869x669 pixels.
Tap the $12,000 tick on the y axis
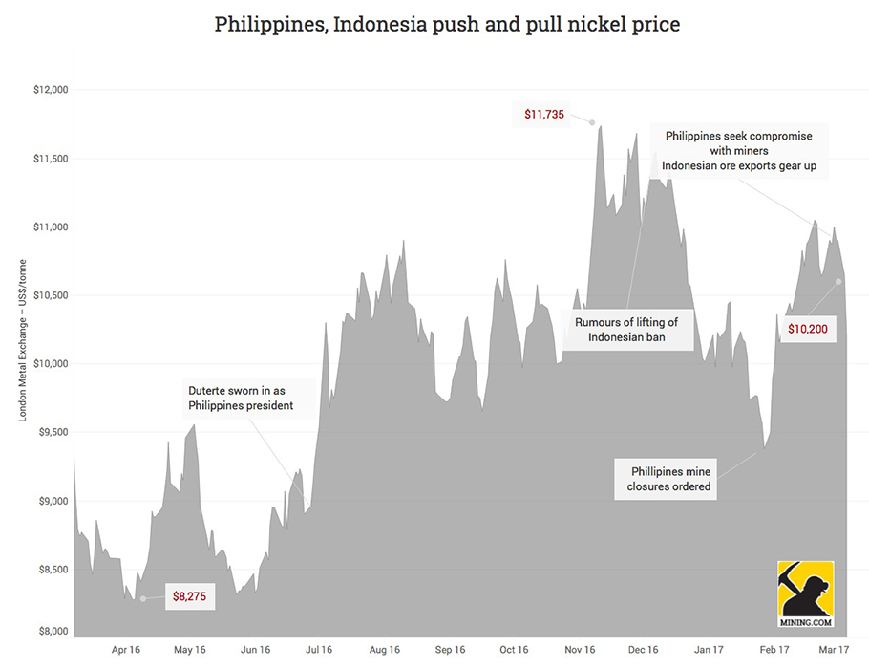(51, 90)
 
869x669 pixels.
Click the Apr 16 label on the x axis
(125, 650)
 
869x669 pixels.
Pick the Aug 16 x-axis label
(384, 650)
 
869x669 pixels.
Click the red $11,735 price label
(544, 115)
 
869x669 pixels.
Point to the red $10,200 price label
(808, 329)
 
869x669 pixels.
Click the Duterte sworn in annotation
(238, 398)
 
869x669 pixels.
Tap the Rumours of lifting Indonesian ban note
(626, 330)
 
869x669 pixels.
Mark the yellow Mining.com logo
(806, 593)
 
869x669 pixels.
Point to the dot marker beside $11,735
(592, 122)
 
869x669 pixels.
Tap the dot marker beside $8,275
(143, 598)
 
